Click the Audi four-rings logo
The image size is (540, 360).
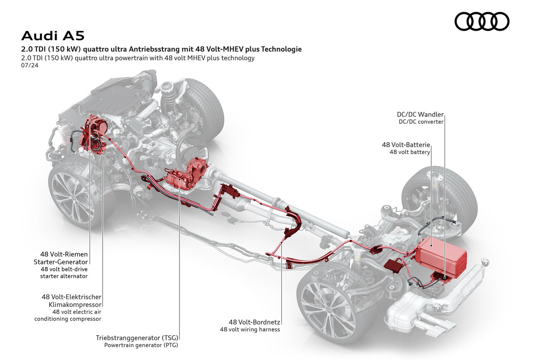(x=481, y=22)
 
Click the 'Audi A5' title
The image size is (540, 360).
(x=53, y=36)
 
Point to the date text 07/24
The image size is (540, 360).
(x=30, y=65)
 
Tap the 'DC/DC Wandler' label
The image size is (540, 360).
(x=420, y=114)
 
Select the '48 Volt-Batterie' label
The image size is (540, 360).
(x=406, y=145)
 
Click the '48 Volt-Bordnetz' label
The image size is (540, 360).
(x=254, y=322)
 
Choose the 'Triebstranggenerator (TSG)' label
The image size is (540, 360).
(x=137, y=338)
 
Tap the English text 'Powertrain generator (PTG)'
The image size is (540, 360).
(x=141, y=345)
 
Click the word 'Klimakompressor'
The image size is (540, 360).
(x=75, y=305)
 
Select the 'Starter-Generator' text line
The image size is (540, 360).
(x=61, y=262)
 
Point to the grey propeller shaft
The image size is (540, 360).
(x=284, y=205)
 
